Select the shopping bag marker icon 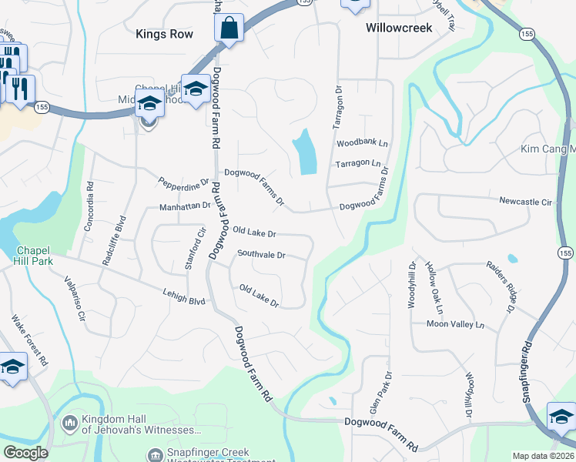[229, 30]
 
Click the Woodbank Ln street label [362, 144]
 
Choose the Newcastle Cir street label [526, 202]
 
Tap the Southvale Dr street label [261, 254]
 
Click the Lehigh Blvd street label [184, 296]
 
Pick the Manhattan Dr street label [185, 206]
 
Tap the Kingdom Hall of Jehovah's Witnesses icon [70, 423]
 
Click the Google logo [25, 453]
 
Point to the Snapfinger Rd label [527, 368]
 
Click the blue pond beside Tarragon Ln [304, 151]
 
